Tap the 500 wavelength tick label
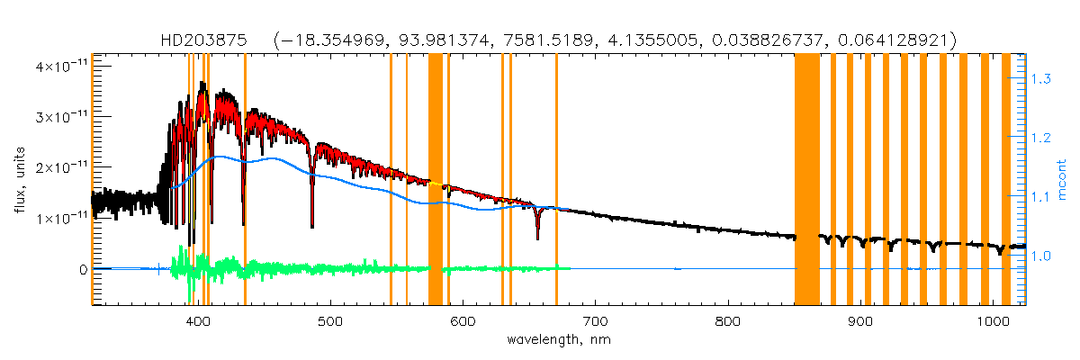point(330,321)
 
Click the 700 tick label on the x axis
point(595,321)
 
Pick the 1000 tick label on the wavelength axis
point(993,321)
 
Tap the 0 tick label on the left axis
point(83,269)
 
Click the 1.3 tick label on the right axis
point(1041,80)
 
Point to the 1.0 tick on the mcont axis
point(1041,256)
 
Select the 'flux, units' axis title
point(19,180)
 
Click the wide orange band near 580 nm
point(435,180)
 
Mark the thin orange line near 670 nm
point(556,180)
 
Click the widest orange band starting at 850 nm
point(806,180)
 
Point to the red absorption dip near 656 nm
point(537,232)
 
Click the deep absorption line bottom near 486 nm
point(311,225)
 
